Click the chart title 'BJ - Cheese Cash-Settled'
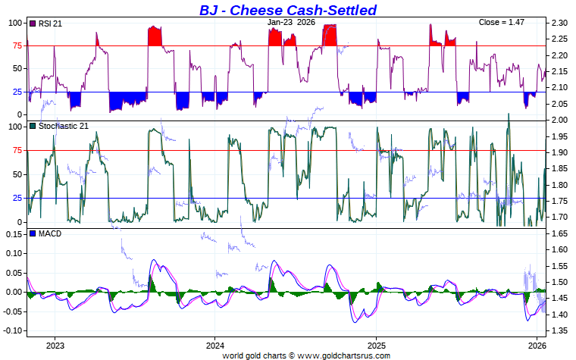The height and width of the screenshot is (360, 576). click(x=287, y=10)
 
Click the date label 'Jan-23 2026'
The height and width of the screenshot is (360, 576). click(x=292, y=23)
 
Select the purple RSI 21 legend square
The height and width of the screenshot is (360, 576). click(x=32, y=24)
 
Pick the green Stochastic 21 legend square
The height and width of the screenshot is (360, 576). click(x=32, y=126)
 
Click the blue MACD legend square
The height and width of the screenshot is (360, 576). click(x=32, y=233)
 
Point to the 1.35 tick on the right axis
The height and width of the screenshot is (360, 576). click(x=559, y=330)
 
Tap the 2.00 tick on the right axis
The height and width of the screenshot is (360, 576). click(x=559, y=121)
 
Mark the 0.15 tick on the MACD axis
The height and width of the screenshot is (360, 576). click(x=14, y=234)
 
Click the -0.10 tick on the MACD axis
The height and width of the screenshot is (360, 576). click(x=13, y=331)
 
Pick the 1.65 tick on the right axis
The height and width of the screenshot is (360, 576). click(x=559, y=234)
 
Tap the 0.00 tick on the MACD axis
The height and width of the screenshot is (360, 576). click(x=14, y=293)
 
